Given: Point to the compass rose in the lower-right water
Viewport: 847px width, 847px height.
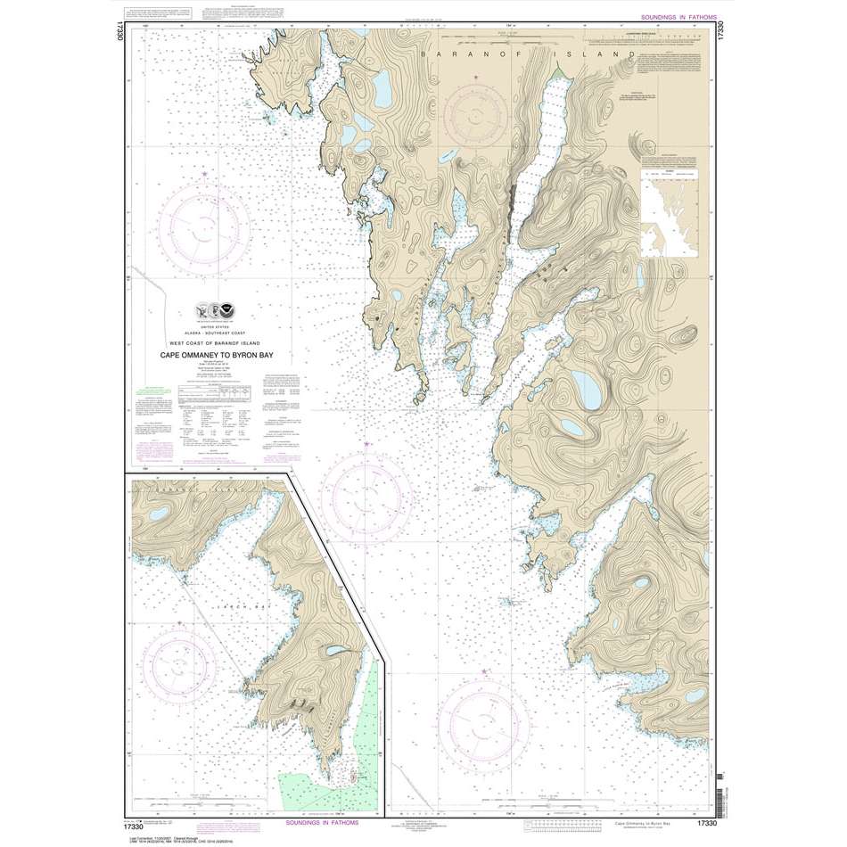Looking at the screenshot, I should click(x=486, y=718).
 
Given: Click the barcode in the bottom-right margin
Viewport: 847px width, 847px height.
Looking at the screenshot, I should click(x=720, y=789).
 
